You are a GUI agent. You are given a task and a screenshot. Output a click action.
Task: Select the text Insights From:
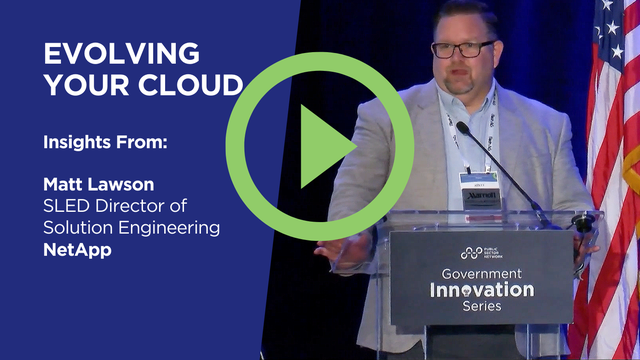point(105,143)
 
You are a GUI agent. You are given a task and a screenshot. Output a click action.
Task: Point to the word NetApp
point(76,251)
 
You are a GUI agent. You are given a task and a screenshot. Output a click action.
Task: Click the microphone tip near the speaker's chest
point(462,127)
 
